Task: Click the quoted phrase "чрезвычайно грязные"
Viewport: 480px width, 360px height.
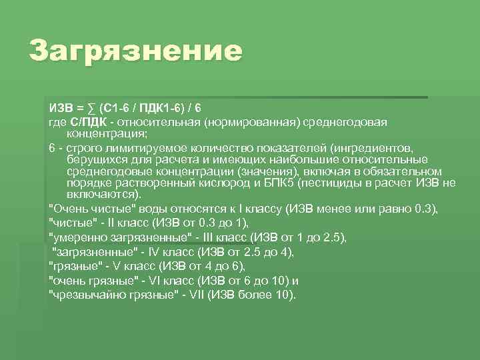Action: pyautogui.click(x=106, y=295)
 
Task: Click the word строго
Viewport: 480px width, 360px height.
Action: pyautogui.click(x=81, y=147)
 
